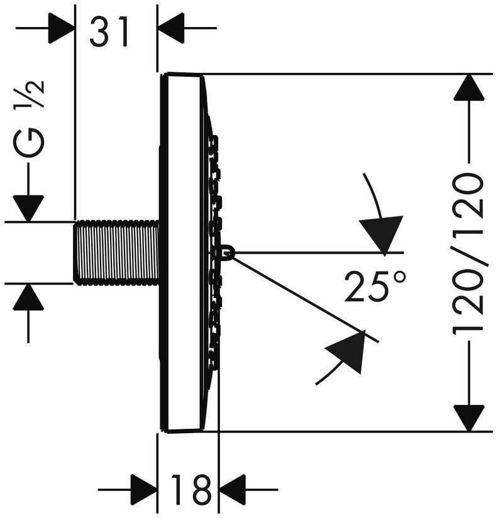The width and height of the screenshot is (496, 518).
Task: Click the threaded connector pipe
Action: pos(116,251)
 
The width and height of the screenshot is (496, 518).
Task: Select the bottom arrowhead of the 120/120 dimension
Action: pos(469,418)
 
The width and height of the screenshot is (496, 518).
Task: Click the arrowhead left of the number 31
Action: pos(61,28)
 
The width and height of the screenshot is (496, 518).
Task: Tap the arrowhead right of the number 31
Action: pos(171,28)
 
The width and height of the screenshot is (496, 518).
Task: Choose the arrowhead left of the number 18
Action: pos(143,488)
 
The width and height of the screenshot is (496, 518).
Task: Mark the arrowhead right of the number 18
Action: pos(232,488)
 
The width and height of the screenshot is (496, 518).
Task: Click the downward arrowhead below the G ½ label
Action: pos(28,208)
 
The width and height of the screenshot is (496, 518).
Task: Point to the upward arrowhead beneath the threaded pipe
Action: pos(28,297)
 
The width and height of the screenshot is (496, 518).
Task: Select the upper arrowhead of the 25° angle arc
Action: pos(382,233)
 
